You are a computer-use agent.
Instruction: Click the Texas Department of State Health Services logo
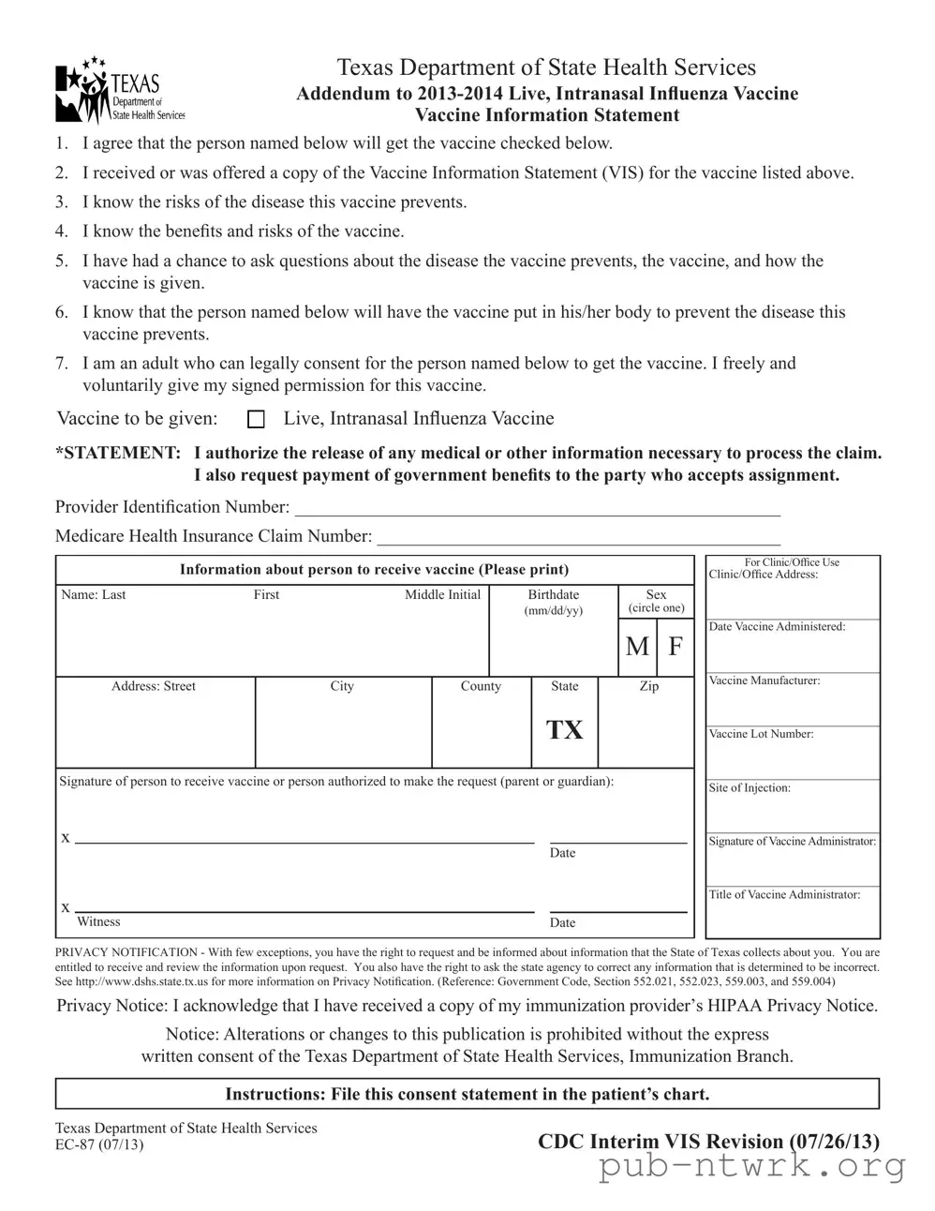click(x=119, y=92)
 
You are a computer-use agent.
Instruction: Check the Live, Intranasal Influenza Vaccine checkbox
click(x=255, y=419)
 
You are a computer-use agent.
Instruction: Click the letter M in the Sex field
click(x=637, y=647)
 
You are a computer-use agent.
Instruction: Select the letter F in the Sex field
click(x=675, y=647)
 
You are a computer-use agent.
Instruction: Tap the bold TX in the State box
click(x=564, y=730)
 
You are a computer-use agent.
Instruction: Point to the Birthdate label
click(x=553, y=595)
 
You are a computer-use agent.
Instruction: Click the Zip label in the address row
click(x=648, y=687)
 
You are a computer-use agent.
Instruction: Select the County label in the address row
click(x=481, y=687)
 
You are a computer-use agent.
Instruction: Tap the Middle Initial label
click(x=442, y=595)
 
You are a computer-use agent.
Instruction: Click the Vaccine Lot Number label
click(x=761, y=734)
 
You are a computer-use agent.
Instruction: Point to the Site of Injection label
click(x=749, y=788)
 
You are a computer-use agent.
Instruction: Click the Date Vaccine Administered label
click(x=777, y=627)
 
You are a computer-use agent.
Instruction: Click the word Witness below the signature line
click(x=98, y=922)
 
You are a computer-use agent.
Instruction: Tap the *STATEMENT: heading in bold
click(x=118, y=454)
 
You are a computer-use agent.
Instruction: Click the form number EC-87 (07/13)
click(x=99, y=1144)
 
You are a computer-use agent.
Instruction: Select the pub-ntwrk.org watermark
click(x=752, y=1167)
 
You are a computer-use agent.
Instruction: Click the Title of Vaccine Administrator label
click(x=784, y=895)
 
